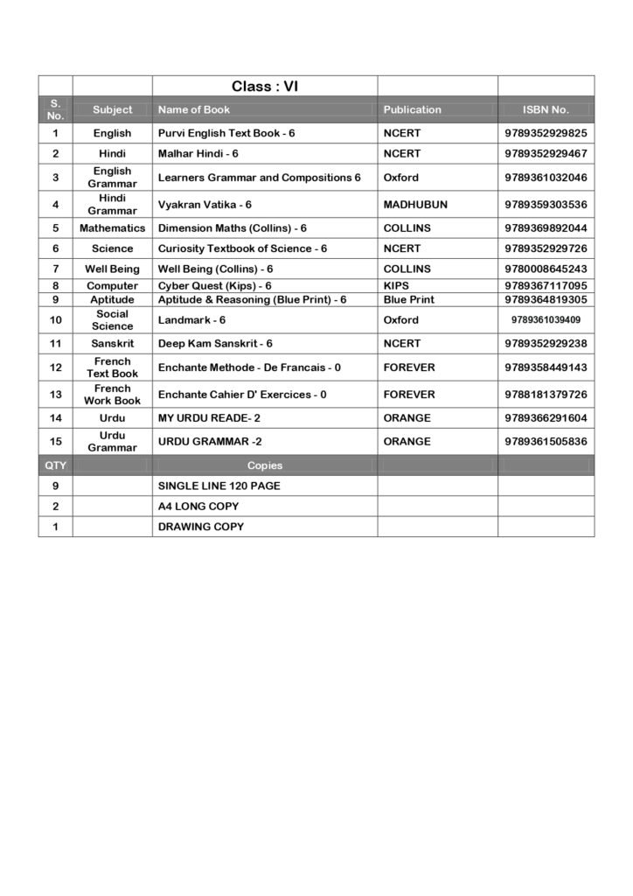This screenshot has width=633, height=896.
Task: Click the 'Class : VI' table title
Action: point(265,86)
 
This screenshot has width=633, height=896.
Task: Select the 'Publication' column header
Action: point(412,109)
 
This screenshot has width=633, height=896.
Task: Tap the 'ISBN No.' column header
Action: point(546,109)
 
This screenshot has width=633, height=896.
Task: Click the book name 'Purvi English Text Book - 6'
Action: point(226,133)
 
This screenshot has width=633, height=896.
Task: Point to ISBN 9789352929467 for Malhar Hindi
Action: point(546,153)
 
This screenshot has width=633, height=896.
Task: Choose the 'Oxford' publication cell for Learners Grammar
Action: point(400,178)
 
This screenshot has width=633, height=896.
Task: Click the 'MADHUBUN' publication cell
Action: point(414,205)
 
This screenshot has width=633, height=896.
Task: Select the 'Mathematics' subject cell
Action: point(112,228)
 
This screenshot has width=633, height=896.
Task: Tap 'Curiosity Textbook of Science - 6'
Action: point(242,248)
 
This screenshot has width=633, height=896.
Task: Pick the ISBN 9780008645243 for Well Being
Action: point(546,269)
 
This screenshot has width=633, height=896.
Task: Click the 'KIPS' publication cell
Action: point(396,286)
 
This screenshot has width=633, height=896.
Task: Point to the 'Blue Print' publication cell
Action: point(408,299)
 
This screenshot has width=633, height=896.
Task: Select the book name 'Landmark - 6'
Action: point(191,320)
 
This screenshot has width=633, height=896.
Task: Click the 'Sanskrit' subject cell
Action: point(112,344)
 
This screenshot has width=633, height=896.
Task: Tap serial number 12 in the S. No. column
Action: point(56,367)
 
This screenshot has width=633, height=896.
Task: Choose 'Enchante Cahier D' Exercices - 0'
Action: point(242,395)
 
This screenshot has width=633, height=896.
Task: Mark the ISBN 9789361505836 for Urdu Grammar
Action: point(546,442)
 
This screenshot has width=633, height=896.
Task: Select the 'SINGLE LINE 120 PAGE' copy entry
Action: point(219,486)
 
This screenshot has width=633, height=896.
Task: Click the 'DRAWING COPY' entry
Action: point(200,527)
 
